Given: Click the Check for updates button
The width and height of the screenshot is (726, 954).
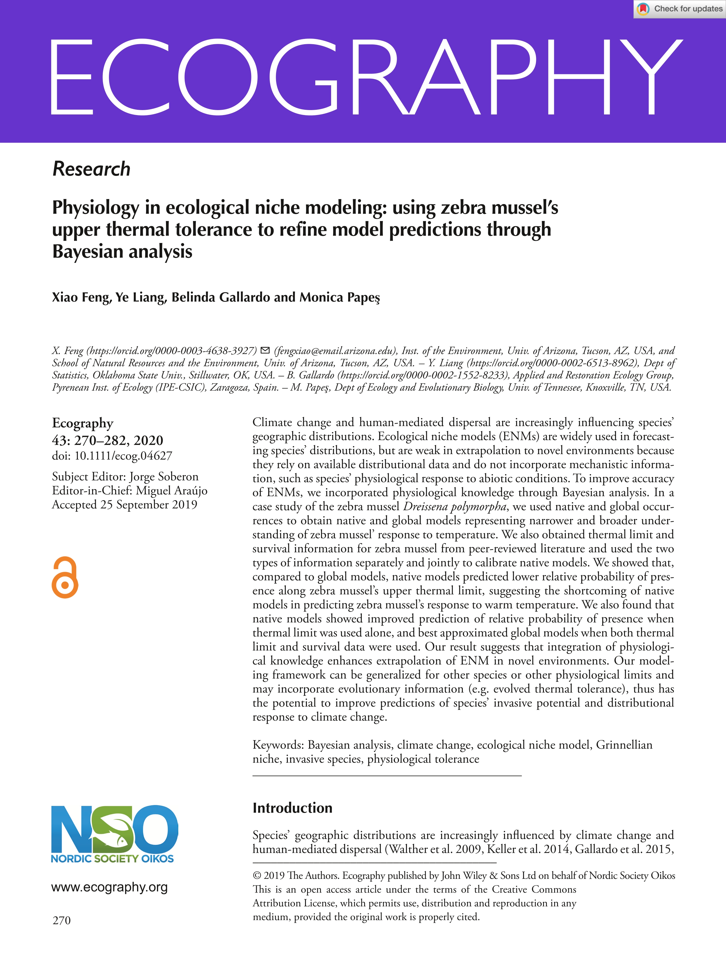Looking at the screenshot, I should (x=680, y=9).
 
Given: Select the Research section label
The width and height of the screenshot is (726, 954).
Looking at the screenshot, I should (x=91, y=169).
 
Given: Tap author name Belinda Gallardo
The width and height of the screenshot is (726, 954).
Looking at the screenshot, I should (x=221, y=297).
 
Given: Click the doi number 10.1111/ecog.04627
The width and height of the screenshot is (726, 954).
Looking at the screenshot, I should (x=123, y=456).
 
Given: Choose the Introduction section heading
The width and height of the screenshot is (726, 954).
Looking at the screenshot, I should (x=292, y=808).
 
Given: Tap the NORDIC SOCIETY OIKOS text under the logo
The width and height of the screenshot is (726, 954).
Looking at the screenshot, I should (x=112, y=859).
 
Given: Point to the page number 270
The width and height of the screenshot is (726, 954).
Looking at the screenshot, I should (x=61, y=920).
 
